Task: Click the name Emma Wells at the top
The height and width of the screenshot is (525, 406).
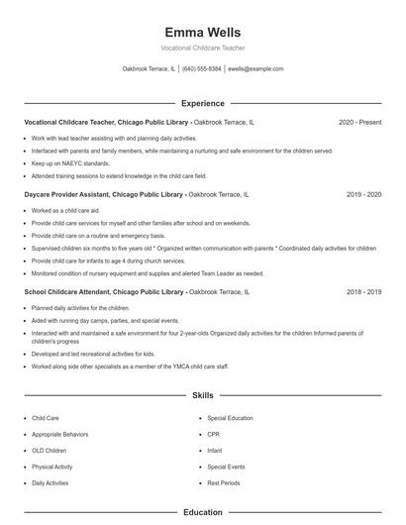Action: click(x=202, y=33)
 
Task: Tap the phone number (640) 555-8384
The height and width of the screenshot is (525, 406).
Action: click(x=202, y=69)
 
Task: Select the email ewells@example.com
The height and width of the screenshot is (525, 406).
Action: click(x=255, y=69)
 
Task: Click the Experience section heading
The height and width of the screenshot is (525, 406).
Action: click(x=202, y=103)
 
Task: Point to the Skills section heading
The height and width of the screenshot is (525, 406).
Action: click(x=202, y=395)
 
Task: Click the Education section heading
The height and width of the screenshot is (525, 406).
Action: click(x=202, y=513)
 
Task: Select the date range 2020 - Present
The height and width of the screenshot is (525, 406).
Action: click(x=359, y=122)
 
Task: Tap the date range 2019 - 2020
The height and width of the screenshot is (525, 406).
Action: click(x=363, y=195)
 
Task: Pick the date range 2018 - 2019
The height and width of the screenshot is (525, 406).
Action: click(x=363, y=292)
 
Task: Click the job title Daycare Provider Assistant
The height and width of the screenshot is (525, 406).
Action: click(x=68, y=195)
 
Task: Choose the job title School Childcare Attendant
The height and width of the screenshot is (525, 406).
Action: click(x=70, y=292)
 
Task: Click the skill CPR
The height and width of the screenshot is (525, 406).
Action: click(x=213, y=435)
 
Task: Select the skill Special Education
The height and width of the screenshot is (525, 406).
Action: click(x=230, y=419)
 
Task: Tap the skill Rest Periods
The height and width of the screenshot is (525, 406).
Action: click(x=224, y=482)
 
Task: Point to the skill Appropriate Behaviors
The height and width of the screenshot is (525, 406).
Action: click(x=60, y=435)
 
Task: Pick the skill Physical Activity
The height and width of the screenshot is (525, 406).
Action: click(x=51, y=467)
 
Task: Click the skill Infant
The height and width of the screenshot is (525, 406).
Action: click(x=215, y=451)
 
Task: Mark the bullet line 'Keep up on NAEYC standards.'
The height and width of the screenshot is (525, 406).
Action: click(x=70, y=162)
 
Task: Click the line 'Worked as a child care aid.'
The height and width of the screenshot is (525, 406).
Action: click(x=66, y=211)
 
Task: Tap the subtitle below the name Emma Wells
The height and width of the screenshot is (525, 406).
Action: click(x=202, y=48)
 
